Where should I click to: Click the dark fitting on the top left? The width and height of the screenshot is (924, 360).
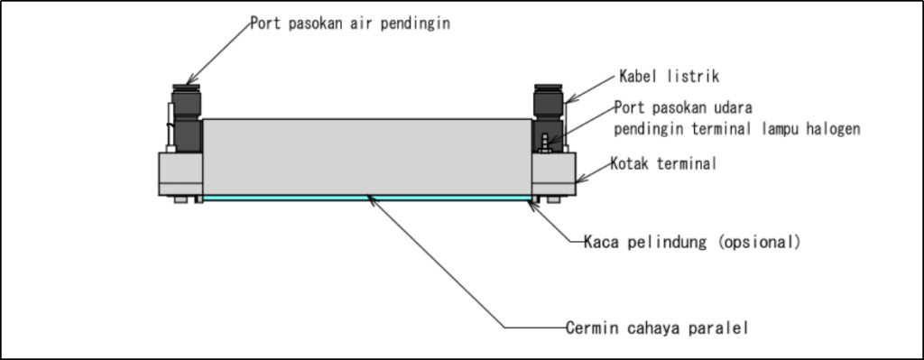[187, 122]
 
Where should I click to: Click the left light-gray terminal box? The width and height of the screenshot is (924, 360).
[179, 173]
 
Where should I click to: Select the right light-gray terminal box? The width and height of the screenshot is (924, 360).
[554, 173]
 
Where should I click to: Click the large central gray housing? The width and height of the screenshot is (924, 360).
[365, 155]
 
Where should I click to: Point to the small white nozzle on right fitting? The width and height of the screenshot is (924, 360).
[545, 142]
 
